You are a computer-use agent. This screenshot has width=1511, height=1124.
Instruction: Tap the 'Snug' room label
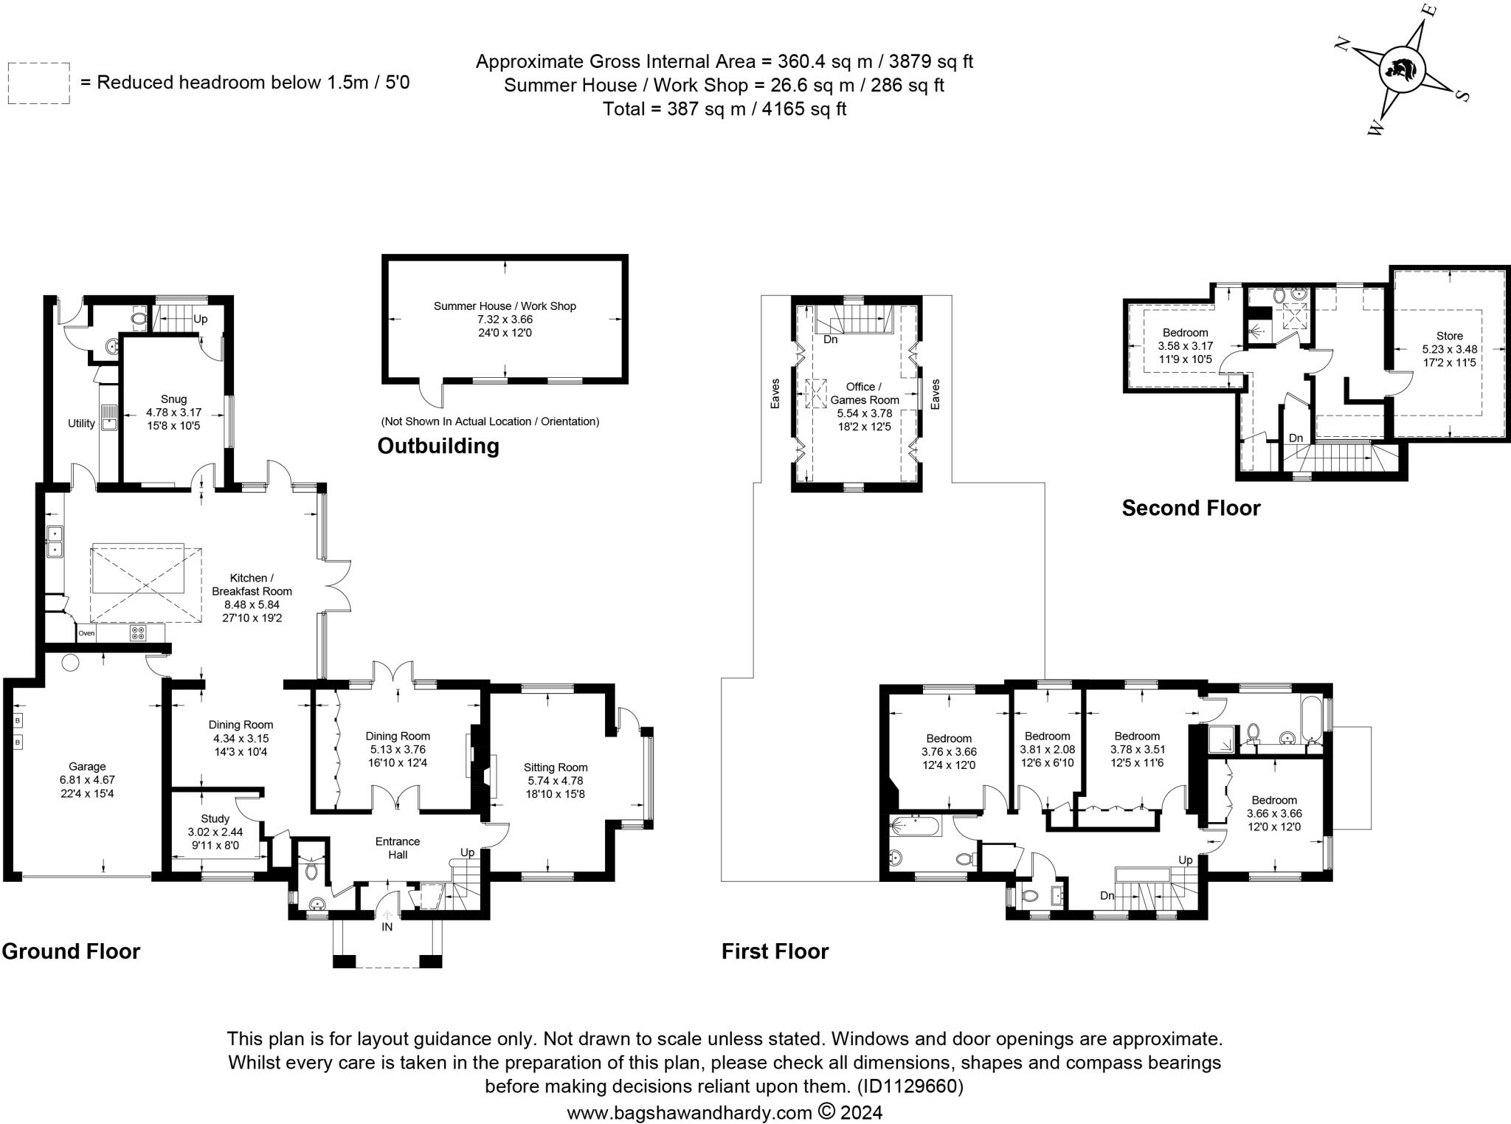[174, 399]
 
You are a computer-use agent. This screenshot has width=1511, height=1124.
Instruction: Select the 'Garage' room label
[87, 766]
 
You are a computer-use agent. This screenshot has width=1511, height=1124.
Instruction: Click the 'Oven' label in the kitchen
[86, 633]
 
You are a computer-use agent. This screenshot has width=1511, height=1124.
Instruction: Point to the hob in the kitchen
[138, 632]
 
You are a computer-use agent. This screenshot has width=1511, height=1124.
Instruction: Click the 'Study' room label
[215, 818]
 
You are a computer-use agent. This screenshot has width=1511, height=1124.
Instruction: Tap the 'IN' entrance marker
[387, 927]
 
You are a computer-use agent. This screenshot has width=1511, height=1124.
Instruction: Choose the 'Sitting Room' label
[556, 767]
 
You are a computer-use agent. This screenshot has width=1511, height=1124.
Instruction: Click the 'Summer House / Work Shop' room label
[505, 306]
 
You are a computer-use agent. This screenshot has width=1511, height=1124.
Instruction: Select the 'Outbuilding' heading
[438, 446]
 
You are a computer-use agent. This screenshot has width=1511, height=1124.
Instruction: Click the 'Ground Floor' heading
[71, 951]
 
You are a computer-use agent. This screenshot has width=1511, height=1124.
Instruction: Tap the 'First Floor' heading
[775, 951]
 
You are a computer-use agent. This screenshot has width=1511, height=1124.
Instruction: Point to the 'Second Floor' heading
[1191, 508]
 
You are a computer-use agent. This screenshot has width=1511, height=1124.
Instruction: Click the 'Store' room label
[1449, 336]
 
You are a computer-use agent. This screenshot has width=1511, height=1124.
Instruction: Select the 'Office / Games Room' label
[865, 393]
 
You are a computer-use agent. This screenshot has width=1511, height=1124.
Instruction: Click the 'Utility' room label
[81, 424]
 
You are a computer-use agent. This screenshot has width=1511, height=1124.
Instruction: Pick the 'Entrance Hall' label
[398, 848]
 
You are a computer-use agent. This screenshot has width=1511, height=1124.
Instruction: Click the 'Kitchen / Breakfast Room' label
[252, 585]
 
